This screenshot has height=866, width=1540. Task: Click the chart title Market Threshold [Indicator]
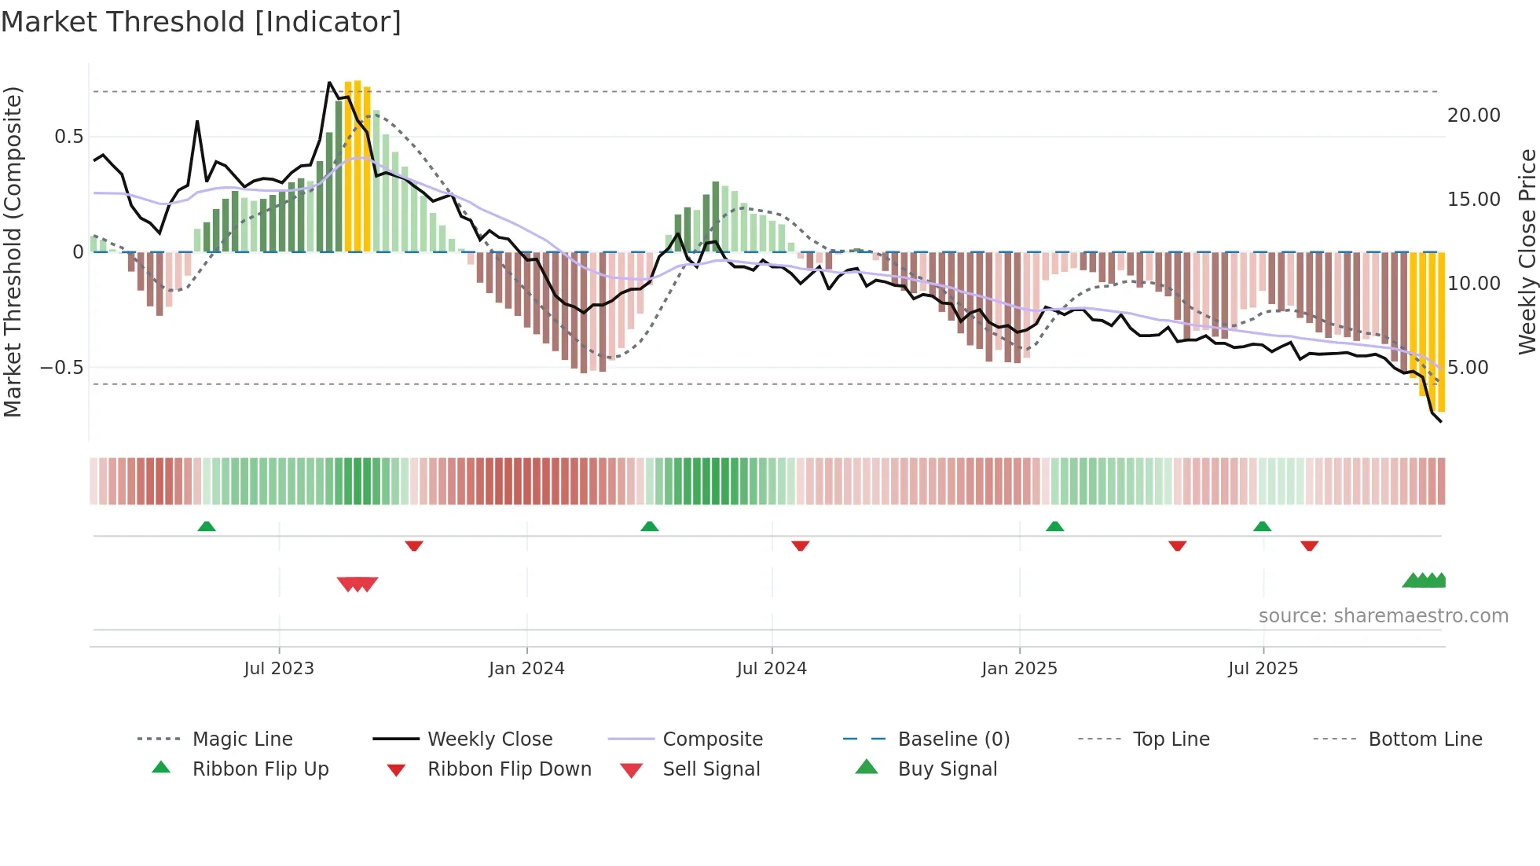(201, 22)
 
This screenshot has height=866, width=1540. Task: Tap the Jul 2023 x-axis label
(278, 669)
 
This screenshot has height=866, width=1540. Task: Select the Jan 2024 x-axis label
(526, 669)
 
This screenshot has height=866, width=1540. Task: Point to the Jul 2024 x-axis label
(772, 669)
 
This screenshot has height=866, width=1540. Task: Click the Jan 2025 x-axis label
(1019, 669)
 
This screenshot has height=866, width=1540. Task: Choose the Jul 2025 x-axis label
(1263, 669)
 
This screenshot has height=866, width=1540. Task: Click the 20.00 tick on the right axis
(1473, 116)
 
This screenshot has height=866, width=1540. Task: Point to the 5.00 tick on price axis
(1468, 368)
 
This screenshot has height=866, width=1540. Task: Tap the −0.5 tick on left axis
(61, 368)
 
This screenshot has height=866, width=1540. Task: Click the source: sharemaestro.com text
(1383, 616)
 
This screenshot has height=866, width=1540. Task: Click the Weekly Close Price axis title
(1527, 251)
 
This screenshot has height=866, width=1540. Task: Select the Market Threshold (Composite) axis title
(13, 251)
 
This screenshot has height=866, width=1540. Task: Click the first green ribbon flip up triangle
(207, 527)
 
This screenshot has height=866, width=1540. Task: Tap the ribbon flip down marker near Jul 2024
(800, 545)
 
